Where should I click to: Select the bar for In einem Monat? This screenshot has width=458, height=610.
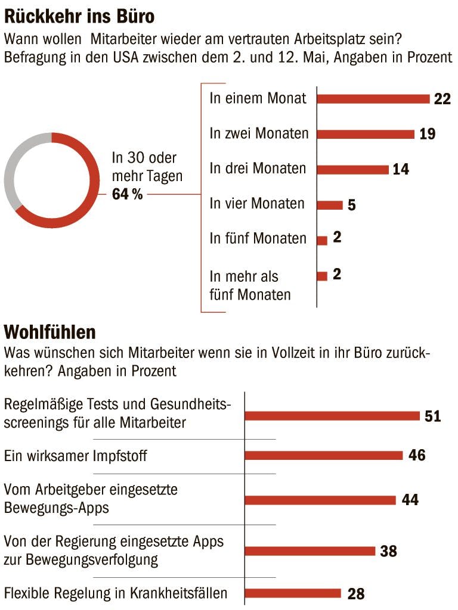373,99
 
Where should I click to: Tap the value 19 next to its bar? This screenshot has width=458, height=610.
427,134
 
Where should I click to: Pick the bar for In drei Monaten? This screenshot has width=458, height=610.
352,170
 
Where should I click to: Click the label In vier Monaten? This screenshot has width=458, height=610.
257,204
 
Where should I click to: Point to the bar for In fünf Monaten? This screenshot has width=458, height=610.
322,241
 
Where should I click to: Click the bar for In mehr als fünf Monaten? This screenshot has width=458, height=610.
322,276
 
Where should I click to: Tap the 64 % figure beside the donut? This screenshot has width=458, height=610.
127,194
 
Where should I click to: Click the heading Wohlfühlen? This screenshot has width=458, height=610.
49,331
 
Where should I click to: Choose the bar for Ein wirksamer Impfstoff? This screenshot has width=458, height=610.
324,456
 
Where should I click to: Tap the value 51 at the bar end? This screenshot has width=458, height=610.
432,416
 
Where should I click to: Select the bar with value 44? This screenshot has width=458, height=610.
320,500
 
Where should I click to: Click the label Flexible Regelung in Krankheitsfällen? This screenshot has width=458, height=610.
116,593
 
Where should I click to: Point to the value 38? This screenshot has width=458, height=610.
388,551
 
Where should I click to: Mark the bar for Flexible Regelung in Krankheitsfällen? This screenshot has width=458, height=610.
293,593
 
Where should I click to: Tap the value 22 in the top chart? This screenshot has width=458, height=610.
442,99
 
